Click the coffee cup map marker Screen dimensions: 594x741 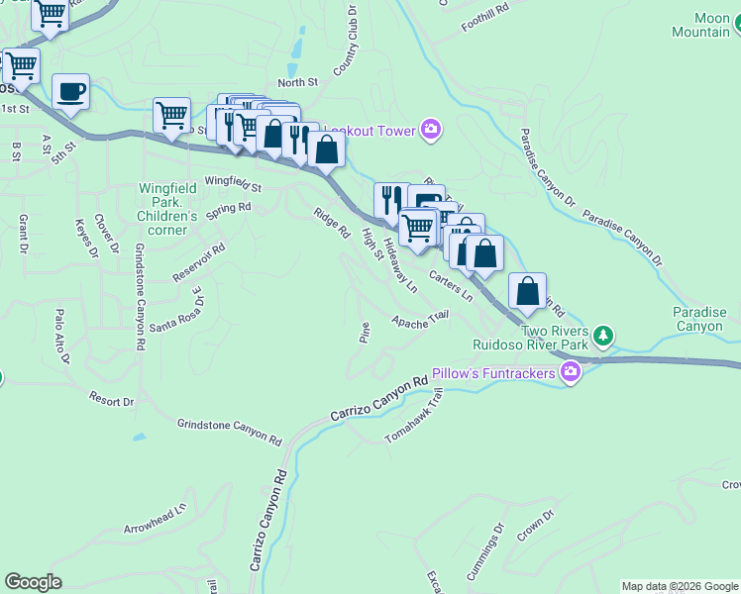coord(70,92)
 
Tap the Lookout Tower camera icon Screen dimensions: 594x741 coord(430,129)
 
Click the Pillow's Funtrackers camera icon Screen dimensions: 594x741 coord(570,372)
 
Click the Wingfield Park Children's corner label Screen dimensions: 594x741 coord(167,202)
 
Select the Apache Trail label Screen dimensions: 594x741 coord(420,320)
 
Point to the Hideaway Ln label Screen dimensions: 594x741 coord(400,266)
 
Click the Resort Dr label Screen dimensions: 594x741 coord(110,401)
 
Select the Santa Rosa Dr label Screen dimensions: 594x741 coord(175,313)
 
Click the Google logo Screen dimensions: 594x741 coord(34,582)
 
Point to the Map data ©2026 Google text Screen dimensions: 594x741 coord(680,586)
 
